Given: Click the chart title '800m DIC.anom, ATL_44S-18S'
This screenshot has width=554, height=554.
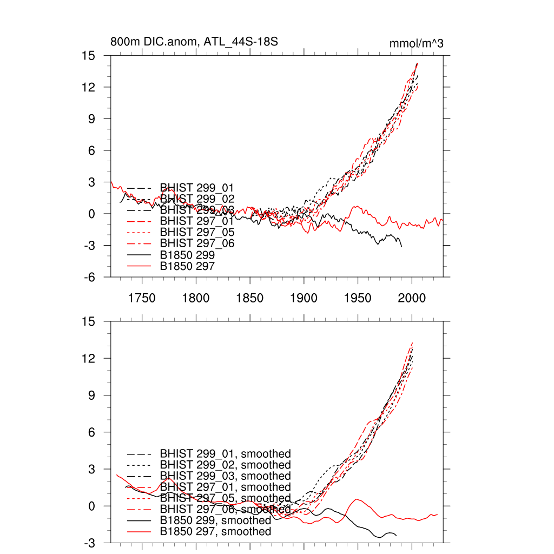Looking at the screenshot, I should click(194, 42).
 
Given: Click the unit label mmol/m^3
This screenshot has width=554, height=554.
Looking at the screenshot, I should click(417, 43).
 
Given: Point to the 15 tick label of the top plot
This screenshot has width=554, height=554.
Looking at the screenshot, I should click(89, 56).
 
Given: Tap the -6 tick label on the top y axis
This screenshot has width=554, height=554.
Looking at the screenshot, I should click(89, 277).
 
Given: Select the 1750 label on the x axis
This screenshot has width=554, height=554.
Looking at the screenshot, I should click(142, 298).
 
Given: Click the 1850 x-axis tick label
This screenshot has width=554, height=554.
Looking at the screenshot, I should click(250, 298).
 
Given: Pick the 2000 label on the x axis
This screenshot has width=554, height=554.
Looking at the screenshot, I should click(412, 298).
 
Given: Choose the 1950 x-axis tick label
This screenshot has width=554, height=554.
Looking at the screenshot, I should click(358, 298).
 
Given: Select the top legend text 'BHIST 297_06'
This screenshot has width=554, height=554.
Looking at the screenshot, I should click(197, 243).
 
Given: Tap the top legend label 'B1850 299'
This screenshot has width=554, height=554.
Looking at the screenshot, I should click(187, 255).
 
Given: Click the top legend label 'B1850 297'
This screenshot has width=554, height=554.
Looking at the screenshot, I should click(187, 266).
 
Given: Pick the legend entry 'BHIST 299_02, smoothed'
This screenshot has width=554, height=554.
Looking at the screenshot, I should click(225, 465).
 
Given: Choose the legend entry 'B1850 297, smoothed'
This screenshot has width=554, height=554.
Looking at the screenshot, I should click(215, 532).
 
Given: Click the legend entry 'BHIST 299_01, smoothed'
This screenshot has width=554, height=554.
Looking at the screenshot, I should click(225, 453).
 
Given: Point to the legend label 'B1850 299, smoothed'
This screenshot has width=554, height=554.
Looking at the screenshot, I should click(215, 520).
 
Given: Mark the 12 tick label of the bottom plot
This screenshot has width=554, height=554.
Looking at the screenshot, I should click(89, 358).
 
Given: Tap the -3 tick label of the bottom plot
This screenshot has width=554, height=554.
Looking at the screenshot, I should click(89, 543).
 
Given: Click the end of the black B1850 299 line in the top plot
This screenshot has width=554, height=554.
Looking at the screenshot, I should click(401, 247).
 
